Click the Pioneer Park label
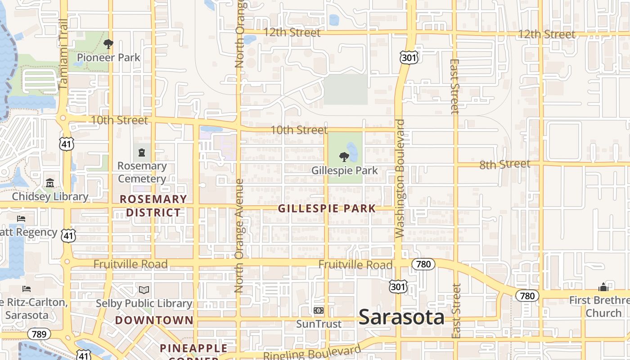[x=108, y=58]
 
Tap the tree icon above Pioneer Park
[x=108, y=44]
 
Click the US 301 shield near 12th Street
[x=409, y=57]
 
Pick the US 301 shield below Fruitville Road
[x=399, y=286]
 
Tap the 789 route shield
[x=39, y=334]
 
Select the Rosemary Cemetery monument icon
[x=142, y=152]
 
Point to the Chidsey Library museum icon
[x=50, y=183]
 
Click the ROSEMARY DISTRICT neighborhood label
[x=153, y=206]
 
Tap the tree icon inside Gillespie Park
[x=344, y=157]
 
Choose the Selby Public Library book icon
[x=144, y=290]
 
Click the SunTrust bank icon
[x=319, y=310]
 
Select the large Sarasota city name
[x=401, y=317]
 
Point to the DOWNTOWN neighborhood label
[x=154, y=320]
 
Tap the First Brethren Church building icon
[x=603, y=287]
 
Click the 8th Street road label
[x=504, y=164]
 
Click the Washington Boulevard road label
[x=400, y=178]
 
